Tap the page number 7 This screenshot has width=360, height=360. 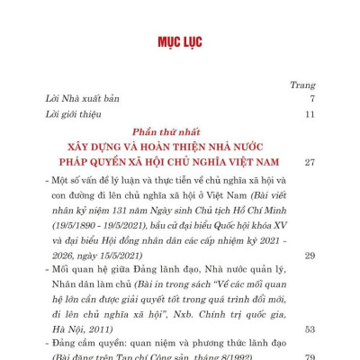pos(310,98)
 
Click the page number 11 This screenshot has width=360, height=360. pos(309,114)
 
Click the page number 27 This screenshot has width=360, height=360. pos(309,163)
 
